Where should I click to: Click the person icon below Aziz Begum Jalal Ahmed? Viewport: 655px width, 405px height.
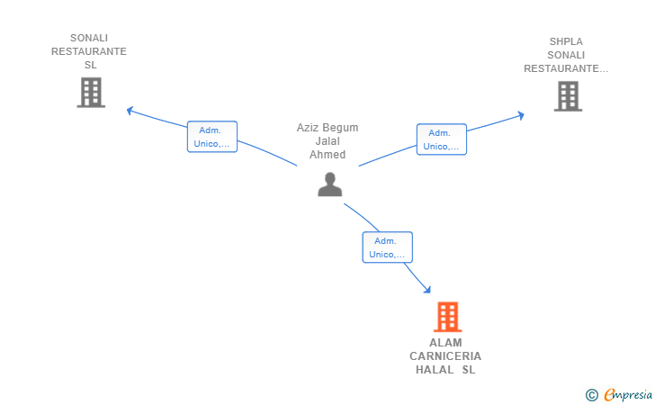329,184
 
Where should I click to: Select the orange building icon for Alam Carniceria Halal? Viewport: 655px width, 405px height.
447,317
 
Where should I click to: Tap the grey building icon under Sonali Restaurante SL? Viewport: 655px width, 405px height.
91,93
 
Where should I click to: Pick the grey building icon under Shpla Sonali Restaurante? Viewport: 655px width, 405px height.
568,96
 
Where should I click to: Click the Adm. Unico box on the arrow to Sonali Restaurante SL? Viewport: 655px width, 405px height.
212,137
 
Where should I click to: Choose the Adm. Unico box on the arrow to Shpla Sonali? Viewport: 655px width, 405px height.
442,139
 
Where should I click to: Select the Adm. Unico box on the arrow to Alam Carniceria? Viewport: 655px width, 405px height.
387,247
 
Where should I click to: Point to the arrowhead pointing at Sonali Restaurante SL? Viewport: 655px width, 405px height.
130,111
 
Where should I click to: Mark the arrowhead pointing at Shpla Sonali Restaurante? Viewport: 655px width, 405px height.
520,115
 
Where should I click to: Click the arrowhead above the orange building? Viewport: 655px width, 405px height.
426,289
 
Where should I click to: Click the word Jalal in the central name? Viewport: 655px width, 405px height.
327,141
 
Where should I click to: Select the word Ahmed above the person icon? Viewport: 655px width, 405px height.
327,155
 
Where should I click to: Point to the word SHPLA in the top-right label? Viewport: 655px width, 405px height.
566,41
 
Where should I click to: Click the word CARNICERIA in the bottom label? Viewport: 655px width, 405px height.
445,356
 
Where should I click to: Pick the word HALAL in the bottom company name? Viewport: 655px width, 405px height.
435,370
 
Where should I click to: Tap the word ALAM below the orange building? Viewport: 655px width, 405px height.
445,343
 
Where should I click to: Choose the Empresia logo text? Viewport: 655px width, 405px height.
628,394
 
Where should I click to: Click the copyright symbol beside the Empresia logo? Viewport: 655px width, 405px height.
592,395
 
